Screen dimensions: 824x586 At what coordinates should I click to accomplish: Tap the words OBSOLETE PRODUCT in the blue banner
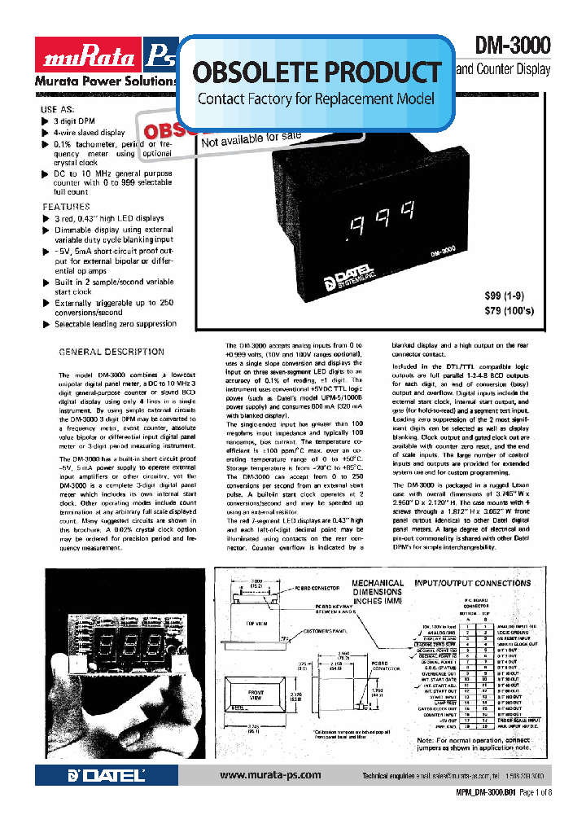(x=317, y=72)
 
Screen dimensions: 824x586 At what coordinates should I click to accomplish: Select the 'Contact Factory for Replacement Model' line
(x=317, y=100)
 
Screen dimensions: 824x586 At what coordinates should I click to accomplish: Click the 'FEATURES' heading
(x=66, y=208)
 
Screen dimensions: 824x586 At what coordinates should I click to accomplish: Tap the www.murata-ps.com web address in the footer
(x=269, y=775)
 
